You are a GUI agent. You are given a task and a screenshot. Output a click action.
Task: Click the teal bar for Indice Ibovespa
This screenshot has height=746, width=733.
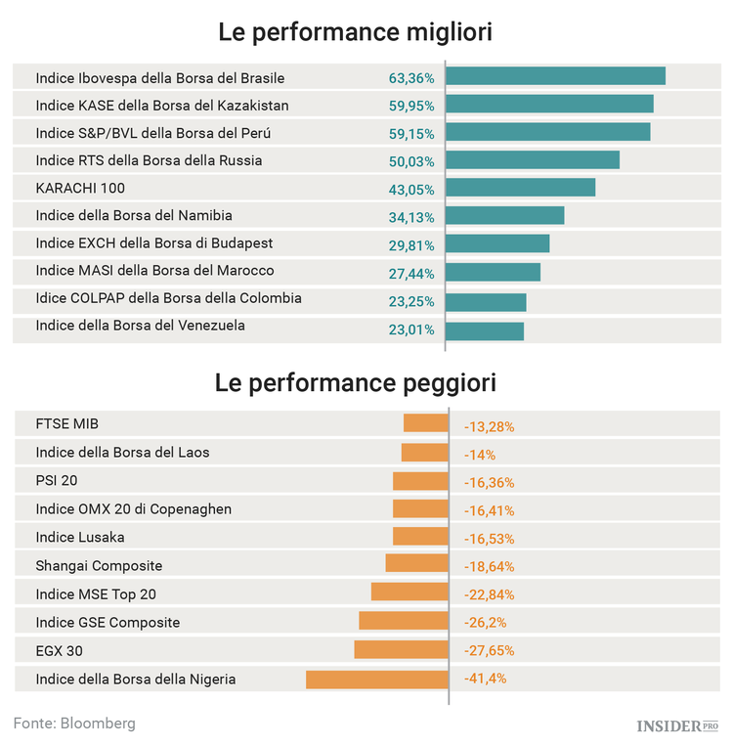[x=556, y=76]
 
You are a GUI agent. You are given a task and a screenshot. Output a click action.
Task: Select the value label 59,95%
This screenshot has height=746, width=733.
[x=411, y=106]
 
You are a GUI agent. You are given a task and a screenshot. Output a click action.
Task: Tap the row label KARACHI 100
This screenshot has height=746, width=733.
[x=80, y=188]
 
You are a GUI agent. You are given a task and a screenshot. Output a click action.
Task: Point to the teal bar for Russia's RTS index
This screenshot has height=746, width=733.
[x=534, y=160]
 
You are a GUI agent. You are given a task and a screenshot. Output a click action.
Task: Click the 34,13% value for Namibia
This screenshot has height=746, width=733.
[x=411, y=217]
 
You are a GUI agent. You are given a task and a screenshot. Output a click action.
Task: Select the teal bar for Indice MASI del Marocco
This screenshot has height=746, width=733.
[x=494, y=272]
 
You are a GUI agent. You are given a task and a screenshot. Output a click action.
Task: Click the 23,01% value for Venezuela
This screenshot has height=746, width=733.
[x=411, y=329]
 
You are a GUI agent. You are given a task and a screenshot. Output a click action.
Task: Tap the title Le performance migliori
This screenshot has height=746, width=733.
[x=355, y=32]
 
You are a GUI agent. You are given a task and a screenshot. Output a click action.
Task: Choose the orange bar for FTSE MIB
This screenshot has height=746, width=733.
[x=425, y=423]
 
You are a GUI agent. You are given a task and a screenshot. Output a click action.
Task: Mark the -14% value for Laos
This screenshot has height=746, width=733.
[x=480, y=455]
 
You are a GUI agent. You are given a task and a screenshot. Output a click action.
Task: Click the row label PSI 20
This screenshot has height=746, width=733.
[x=57, y=481]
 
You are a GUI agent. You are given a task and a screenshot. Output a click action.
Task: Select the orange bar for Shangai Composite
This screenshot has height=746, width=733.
[x=416, y=564]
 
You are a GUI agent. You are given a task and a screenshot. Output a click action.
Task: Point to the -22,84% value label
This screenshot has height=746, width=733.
[x=489, y=594]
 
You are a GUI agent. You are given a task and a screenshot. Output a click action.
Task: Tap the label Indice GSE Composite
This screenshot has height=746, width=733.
[x=108, y=622]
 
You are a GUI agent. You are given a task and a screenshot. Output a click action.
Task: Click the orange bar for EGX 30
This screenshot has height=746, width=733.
[x=401, y=650]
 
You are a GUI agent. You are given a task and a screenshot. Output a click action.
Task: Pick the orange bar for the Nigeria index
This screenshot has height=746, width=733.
[x=376, y=680]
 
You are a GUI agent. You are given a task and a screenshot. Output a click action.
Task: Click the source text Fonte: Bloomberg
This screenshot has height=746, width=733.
[x=74, y=724]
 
